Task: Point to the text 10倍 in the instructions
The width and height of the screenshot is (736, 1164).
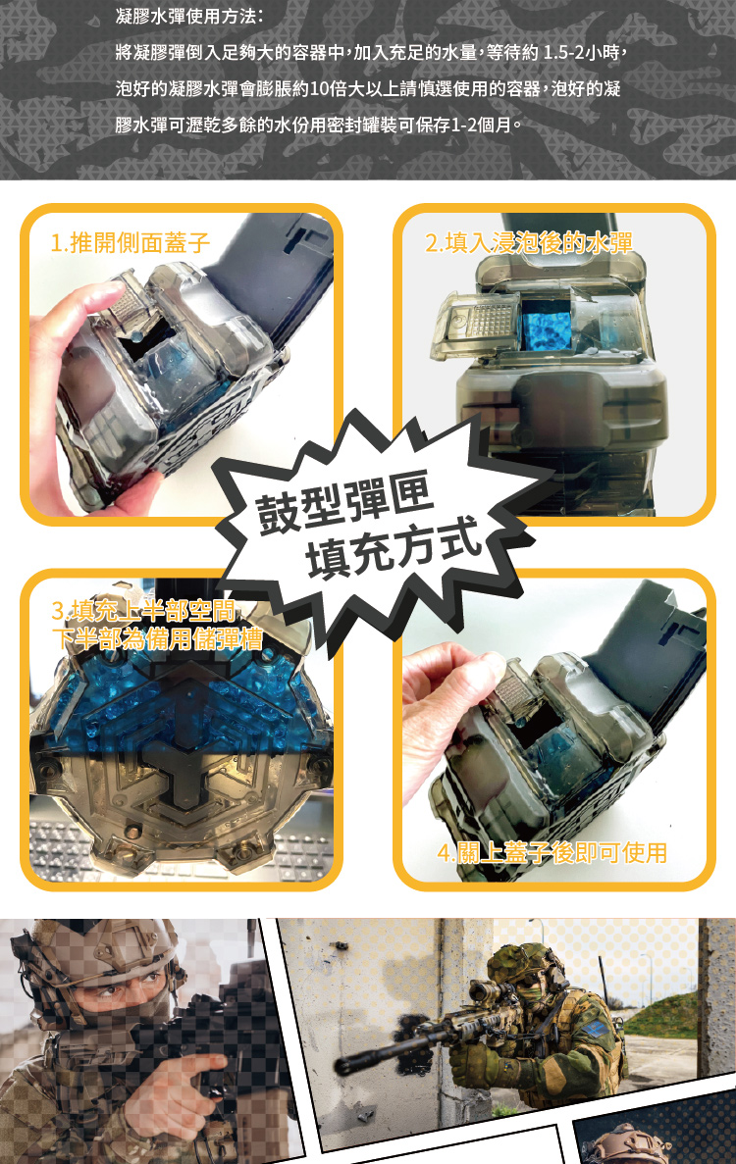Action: pos(328,89)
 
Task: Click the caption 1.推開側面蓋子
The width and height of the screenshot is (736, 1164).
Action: pos(131,243)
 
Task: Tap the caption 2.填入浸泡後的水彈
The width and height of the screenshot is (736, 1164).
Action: pos(529,243)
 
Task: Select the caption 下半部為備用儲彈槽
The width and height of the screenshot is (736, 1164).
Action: pos(157,638)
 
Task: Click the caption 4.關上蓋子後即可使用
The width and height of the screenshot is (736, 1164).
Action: pos(552,853)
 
